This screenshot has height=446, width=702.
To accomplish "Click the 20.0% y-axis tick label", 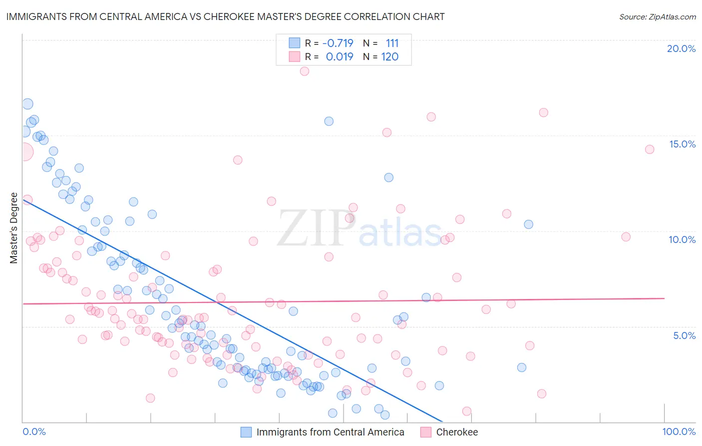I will tap(681, 48).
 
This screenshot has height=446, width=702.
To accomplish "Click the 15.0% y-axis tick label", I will tap(682, 144).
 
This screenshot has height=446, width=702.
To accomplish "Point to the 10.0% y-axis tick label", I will tap(682, 239).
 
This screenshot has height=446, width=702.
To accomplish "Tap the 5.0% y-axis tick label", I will tap(684, 335).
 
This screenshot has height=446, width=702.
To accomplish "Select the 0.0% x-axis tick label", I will tap(34, 431).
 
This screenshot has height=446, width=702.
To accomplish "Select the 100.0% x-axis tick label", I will tap(679, 431).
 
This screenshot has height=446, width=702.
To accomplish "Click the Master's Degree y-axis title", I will tap(13, 228).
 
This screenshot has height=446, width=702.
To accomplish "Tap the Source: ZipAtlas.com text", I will tap(657, 16).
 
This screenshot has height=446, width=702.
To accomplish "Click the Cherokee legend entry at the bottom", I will tap(456, 432).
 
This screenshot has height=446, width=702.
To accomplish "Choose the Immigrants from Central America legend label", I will tap(330, 432).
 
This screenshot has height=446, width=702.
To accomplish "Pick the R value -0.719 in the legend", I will tap(338, 43).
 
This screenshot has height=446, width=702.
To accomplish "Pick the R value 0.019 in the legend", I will tap(340, 57).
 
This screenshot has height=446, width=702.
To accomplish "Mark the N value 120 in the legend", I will tap(389, 57).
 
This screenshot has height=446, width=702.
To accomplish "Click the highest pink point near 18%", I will tap(304, 71).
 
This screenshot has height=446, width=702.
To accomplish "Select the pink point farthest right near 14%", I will tap(650, 149).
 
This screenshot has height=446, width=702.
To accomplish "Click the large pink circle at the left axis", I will tap(24, 151).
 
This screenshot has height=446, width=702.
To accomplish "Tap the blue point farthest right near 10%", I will tap(528, 224).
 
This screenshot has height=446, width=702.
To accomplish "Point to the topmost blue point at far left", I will tap(27, 104).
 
